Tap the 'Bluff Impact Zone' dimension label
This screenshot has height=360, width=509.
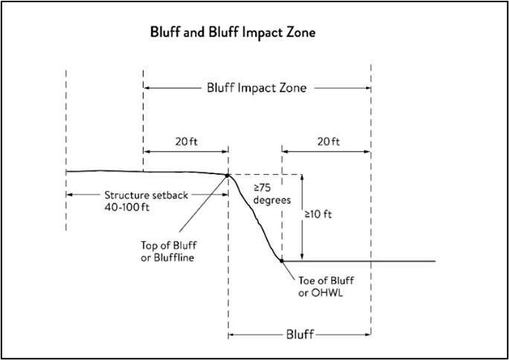[257, 87]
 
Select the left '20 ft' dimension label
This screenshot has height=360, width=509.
[185, 141]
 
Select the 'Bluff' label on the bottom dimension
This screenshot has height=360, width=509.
[299, 335]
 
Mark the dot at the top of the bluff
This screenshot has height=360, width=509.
[227, 175]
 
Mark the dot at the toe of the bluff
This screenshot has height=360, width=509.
[281, 261]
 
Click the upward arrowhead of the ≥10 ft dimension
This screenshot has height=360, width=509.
[302, 179]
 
